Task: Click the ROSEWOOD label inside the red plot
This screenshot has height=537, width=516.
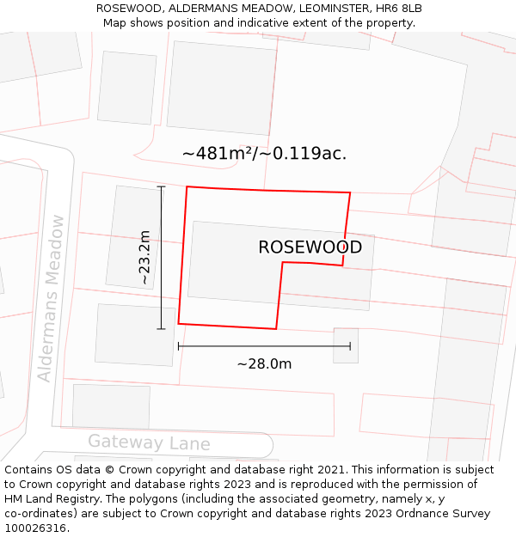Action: [x=310, y=247]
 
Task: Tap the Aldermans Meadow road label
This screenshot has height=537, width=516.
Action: [x=51, y=298]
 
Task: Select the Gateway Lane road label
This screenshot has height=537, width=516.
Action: [x=149, y=442]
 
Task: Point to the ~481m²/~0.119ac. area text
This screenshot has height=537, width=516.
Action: [x=264, y=154]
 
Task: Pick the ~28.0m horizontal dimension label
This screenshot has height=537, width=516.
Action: [x=264, y=363]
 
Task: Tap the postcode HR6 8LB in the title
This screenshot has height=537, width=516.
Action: [x=399, y=8]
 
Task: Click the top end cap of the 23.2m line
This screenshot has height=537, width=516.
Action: [x=161, y=186]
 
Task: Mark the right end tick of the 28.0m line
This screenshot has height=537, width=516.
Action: [x=350, y=346]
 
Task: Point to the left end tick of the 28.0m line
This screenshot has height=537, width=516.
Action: [x=178, y=346]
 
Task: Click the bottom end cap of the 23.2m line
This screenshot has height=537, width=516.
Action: [x=161, y=328]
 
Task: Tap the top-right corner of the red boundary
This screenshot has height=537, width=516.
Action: [x=350, y=192]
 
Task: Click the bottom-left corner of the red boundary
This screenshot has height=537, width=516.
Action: [x=178, y=323]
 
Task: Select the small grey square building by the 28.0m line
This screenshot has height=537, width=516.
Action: [x=346, y=345]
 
